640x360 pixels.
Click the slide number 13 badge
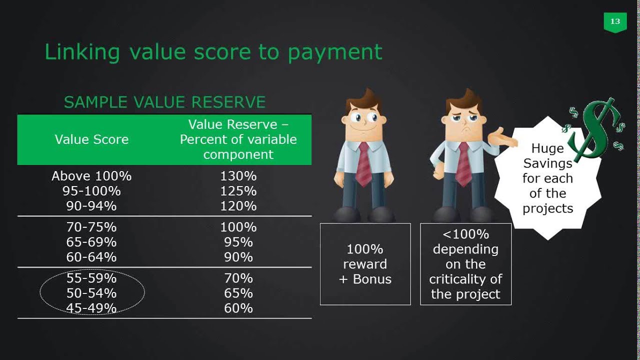(x=615, y=21)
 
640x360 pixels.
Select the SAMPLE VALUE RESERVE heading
(x=164, y=102)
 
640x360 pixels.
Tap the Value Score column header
(x=91, y=139)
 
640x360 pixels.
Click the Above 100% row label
(x=91, y=176)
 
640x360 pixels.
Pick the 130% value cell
(x=238, y=176)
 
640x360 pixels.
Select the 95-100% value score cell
(x=91, y=191)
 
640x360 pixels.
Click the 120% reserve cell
(x=238, y=206)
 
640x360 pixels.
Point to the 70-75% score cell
(x=91, y=227)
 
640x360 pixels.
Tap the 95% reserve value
(x=238, y=242)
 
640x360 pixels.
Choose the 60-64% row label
(x=91, y=257)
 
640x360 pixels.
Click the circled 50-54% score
(x=91, y=293)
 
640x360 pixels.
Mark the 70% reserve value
(x=238, y=278)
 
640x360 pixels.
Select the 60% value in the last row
(x=238, y=308)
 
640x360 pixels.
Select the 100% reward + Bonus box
(x=365, y=264)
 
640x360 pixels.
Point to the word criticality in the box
(x=465, y=279)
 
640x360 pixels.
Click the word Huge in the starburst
(x=547, y=148)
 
